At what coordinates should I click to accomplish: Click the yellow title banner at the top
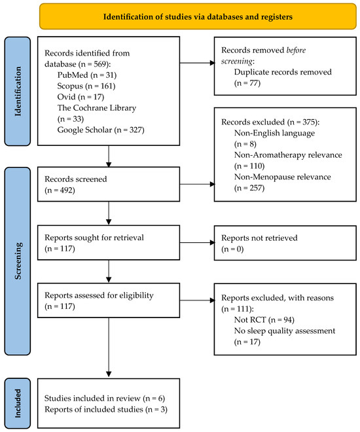[x=198, y=16]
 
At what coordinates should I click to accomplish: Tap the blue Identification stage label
[x=18, y=91]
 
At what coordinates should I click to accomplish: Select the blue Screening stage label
[x=18, y=261]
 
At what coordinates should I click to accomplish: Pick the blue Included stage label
[x=18, y=403]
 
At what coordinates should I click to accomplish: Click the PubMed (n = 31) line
[x=87, y=75]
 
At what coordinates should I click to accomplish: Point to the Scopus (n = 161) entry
[x=86, y=86]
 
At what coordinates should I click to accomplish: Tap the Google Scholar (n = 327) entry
[x=101, y=130]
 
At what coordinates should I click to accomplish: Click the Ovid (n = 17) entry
[x=81, y=97]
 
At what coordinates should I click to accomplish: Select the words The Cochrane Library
[x=97, y=108]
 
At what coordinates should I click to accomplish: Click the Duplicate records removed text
[x=283, y=72]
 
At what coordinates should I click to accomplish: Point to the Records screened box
[x=109, y=184]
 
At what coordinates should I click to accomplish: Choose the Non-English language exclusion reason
[x=274, y=133]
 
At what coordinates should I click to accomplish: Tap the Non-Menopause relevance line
[x=282, y=177]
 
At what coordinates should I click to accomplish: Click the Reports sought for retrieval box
[x=109, y=242]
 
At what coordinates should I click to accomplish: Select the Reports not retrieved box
[x=285, y=243]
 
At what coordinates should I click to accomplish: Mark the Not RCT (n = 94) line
[x=264, y=319]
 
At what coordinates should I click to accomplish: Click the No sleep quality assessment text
[x=285, y=331]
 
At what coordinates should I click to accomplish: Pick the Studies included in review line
[x=105, y=399]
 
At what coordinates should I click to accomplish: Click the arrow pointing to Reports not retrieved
[x=197, y=242]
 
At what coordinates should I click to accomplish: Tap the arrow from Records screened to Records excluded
[x=197, y=184]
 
